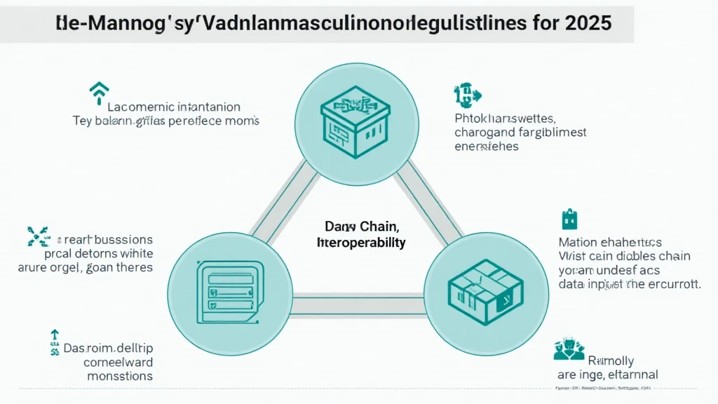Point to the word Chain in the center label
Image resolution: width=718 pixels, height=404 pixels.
click(379, 227)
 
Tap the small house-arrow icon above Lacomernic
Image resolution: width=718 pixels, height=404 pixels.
click(99, 90)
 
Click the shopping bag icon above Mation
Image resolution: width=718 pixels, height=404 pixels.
click(568, 220)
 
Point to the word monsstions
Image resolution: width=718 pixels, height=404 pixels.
click(120, 376)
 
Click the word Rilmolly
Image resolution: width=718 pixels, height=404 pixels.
click(609, 361)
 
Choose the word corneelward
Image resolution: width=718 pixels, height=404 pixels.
click(118, 362)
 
